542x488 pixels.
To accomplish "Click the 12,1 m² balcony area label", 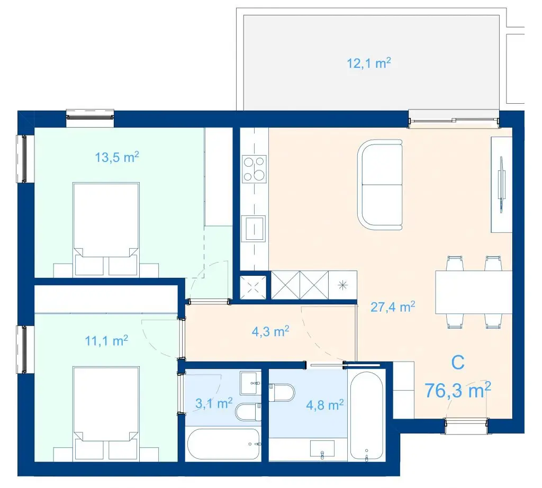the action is [369, 63].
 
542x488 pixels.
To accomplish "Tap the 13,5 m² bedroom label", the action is [117, 157].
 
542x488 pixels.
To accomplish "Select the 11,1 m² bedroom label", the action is [106, 341].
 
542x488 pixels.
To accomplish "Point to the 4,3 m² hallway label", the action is [270, 331].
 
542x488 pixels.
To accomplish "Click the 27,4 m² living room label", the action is [393, 306].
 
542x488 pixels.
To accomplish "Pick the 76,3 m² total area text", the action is [458, 391].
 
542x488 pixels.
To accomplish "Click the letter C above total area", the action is [458, 363].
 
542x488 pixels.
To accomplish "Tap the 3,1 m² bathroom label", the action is [214, 403].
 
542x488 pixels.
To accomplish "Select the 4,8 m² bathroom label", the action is [324, 405].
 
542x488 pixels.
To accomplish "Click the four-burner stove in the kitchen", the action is [255, 169].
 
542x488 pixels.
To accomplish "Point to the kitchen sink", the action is [254, 229].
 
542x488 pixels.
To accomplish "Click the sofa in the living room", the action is [380, 184].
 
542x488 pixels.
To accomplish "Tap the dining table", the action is [474, 292].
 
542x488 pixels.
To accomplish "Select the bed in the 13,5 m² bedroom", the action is [106, 229].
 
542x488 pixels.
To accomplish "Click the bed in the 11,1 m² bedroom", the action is [106, 413].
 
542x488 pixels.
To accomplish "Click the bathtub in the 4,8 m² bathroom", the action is [366, 415].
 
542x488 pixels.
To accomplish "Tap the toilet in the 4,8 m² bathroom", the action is [282, 393].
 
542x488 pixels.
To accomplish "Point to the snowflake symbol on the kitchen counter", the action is [342, 285].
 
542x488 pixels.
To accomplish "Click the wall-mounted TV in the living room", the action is [500, 183].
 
